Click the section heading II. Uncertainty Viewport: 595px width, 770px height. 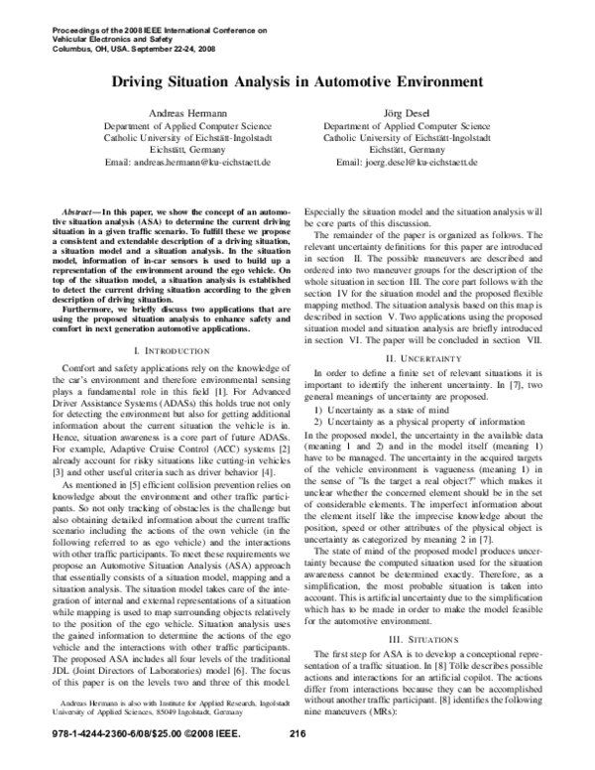(x=432, y=383)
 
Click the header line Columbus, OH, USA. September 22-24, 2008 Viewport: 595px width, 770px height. (x=118, y=46)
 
